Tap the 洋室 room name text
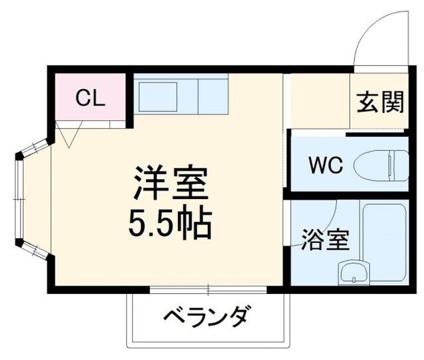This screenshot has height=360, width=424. coord(171,185)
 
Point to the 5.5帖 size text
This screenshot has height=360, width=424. coord(171,222)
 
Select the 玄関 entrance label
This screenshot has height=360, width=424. coord(380,103)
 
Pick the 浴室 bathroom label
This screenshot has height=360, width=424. coord(325,241)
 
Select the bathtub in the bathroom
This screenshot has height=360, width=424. coord(385,242)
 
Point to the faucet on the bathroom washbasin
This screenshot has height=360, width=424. coord(353,267)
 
